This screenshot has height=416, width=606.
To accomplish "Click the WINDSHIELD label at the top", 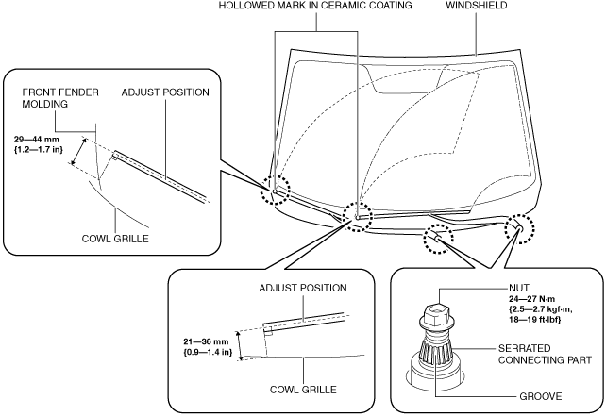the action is pyautogui.click(x=477, y=6).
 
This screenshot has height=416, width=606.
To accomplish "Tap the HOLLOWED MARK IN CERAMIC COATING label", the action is pyautogui.click(x=315, y=6).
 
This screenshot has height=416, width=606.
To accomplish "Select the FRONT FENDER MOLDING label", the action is pyautogui.click(x=60, y=98).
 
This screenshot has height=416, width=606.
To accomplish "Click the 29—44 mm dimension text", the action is pyautogui.click(x=37, y=140).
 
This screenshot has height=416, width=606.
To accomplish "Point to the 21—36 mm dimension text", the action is pyautogui.click(x=206, y=341).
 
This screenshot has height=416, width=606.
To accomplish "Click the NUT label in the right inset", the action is pyautogui.click(x=519, y=288).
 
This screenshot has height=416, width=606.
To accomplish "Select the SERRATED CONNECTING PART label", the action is pyautogui.click(x=545, y=354).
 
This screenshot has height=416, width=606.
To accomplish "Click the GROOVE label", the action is pyautogui.click(x=540, y=396).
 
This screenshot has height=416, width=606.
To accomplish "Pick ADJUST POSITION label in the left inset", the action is pyautogui.click(x=165, y=92).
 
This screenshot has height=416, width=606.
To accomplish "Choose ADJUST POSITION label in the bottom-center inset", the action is pyautogui.click(x=303, y=288).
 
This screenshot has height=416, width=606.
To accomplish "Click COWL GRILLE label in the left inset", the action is pyautogui.click(x=115, y=239).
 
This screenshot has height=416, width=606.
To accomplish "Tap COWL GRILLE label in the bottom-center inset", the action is pyautogui.click(x=303, y=390).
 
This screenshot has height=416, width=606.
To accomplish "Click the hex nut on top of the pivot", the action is pyautogui.click(x=435, y=313).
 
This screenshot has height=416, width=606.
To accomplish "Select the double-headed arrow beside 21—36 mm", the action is pyautogui.click(x=240, y=346).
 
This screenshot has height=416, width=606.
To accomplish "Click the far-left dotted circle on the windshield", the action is pyautogui.click(x=275, y=190).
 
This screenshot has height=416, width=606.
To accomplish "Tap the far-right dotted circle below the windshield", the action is pyautogui.click(x=520, y=228).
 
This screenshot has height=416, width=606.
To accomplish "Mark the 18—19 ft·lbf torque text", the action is pyautogui.click(x=535, y=320).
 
